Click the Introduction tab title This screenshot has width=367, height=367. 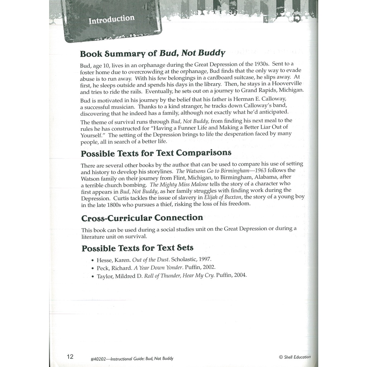(x=111, y=19)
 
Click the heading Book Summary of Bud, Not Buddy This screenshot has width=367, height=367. (x=152, y=53)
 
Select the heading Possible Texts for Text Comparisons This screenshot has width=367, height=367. (x=156, y=153)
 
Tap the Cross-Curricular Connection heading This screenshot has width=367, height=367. (x=142, y=218)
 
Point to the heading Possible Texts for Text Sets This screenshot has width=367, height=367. (x=137, y=248)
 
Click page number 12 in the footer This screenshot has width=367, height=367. (x=70, y=356)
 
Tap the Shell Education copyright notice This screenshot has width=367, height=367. (x=295, y=357)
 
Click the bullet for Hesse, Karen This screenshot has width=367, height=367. (x=93, y=261)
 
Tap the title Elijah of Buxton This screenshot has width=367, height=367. (x=223, y=197)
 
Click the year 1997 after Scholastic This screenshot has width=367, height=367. (x=204, y=259)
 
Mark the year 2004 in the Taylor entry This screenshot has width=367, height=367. (x=240, y=275)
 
